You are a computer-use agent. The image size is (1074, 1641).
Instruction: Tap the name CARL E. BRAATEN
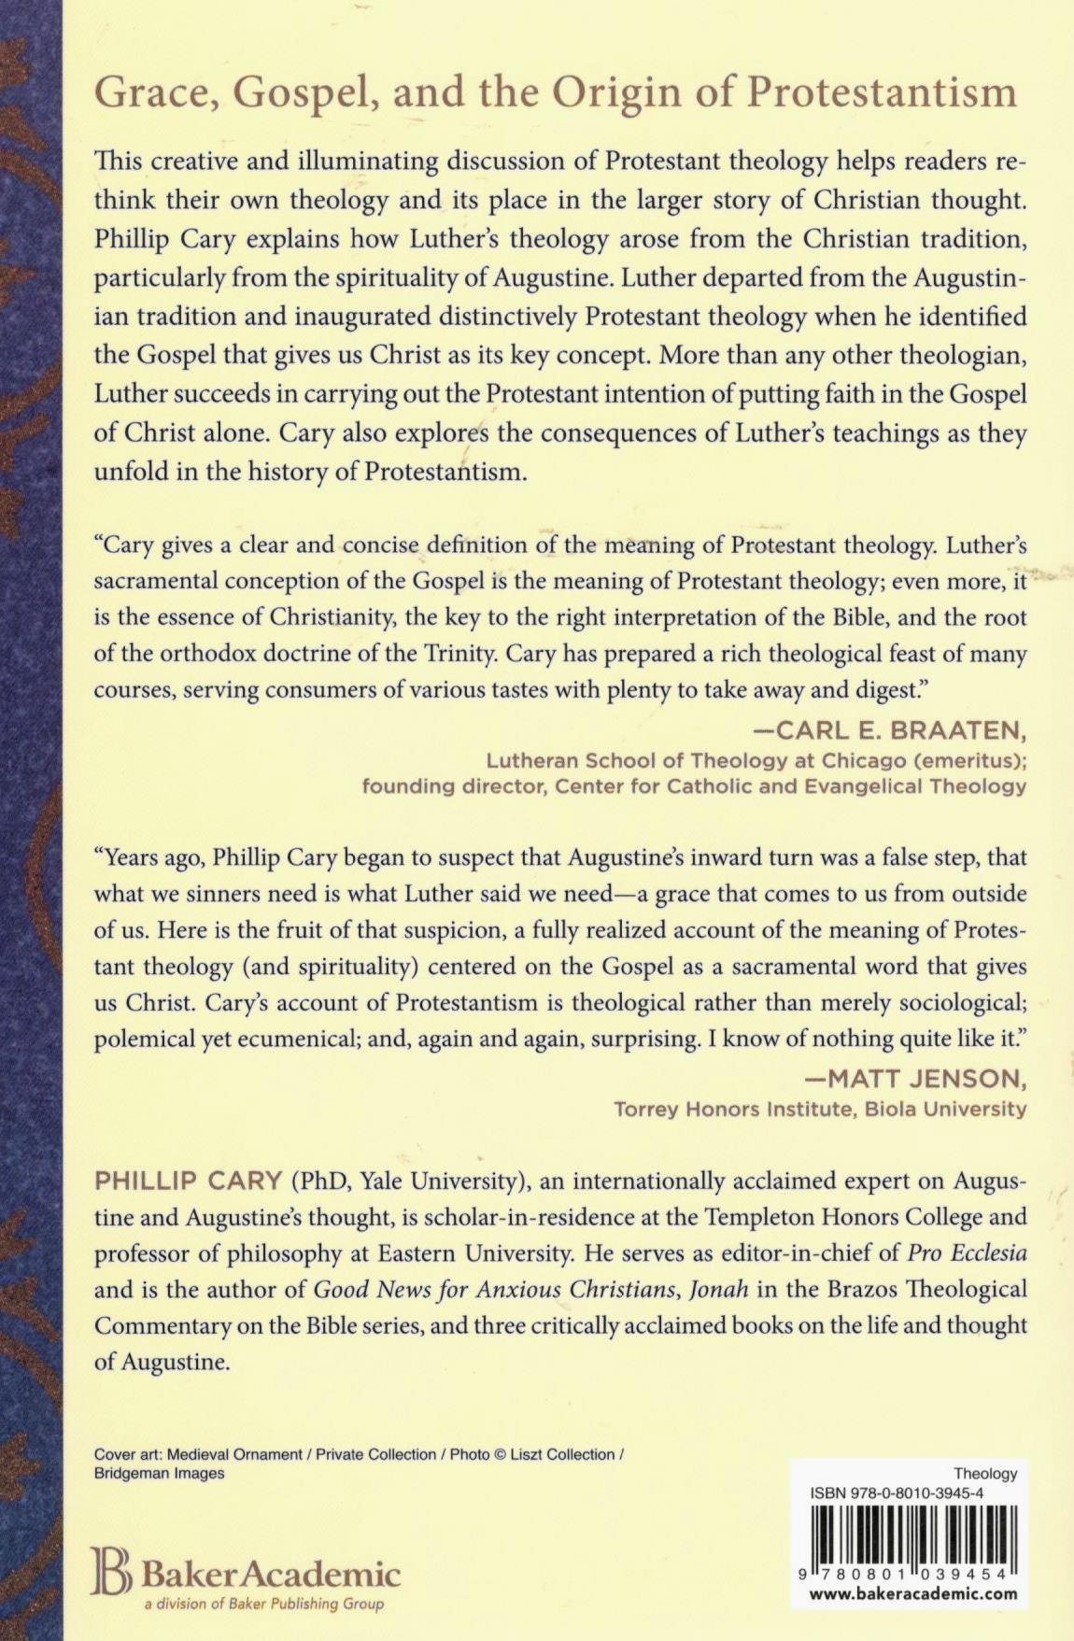click(902, 729)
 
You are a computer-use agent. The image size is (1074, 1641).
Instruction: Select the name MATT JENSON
click(916, 1079)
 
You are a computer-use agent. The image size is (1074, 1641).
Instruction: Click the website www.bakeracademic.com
click(912, 1594)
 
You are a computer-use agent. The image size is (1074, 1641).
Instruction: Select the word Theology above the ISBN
click(985, 1473)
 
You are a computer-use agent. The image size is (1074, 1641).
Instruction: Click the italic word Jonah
click(718, 1290)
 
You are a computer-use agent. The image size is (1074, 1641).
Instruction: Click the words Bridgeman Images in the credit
click(160, 1473)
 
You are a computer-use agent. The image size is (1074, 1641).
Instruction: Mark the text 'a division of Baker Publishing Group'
click(263, 1605)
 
